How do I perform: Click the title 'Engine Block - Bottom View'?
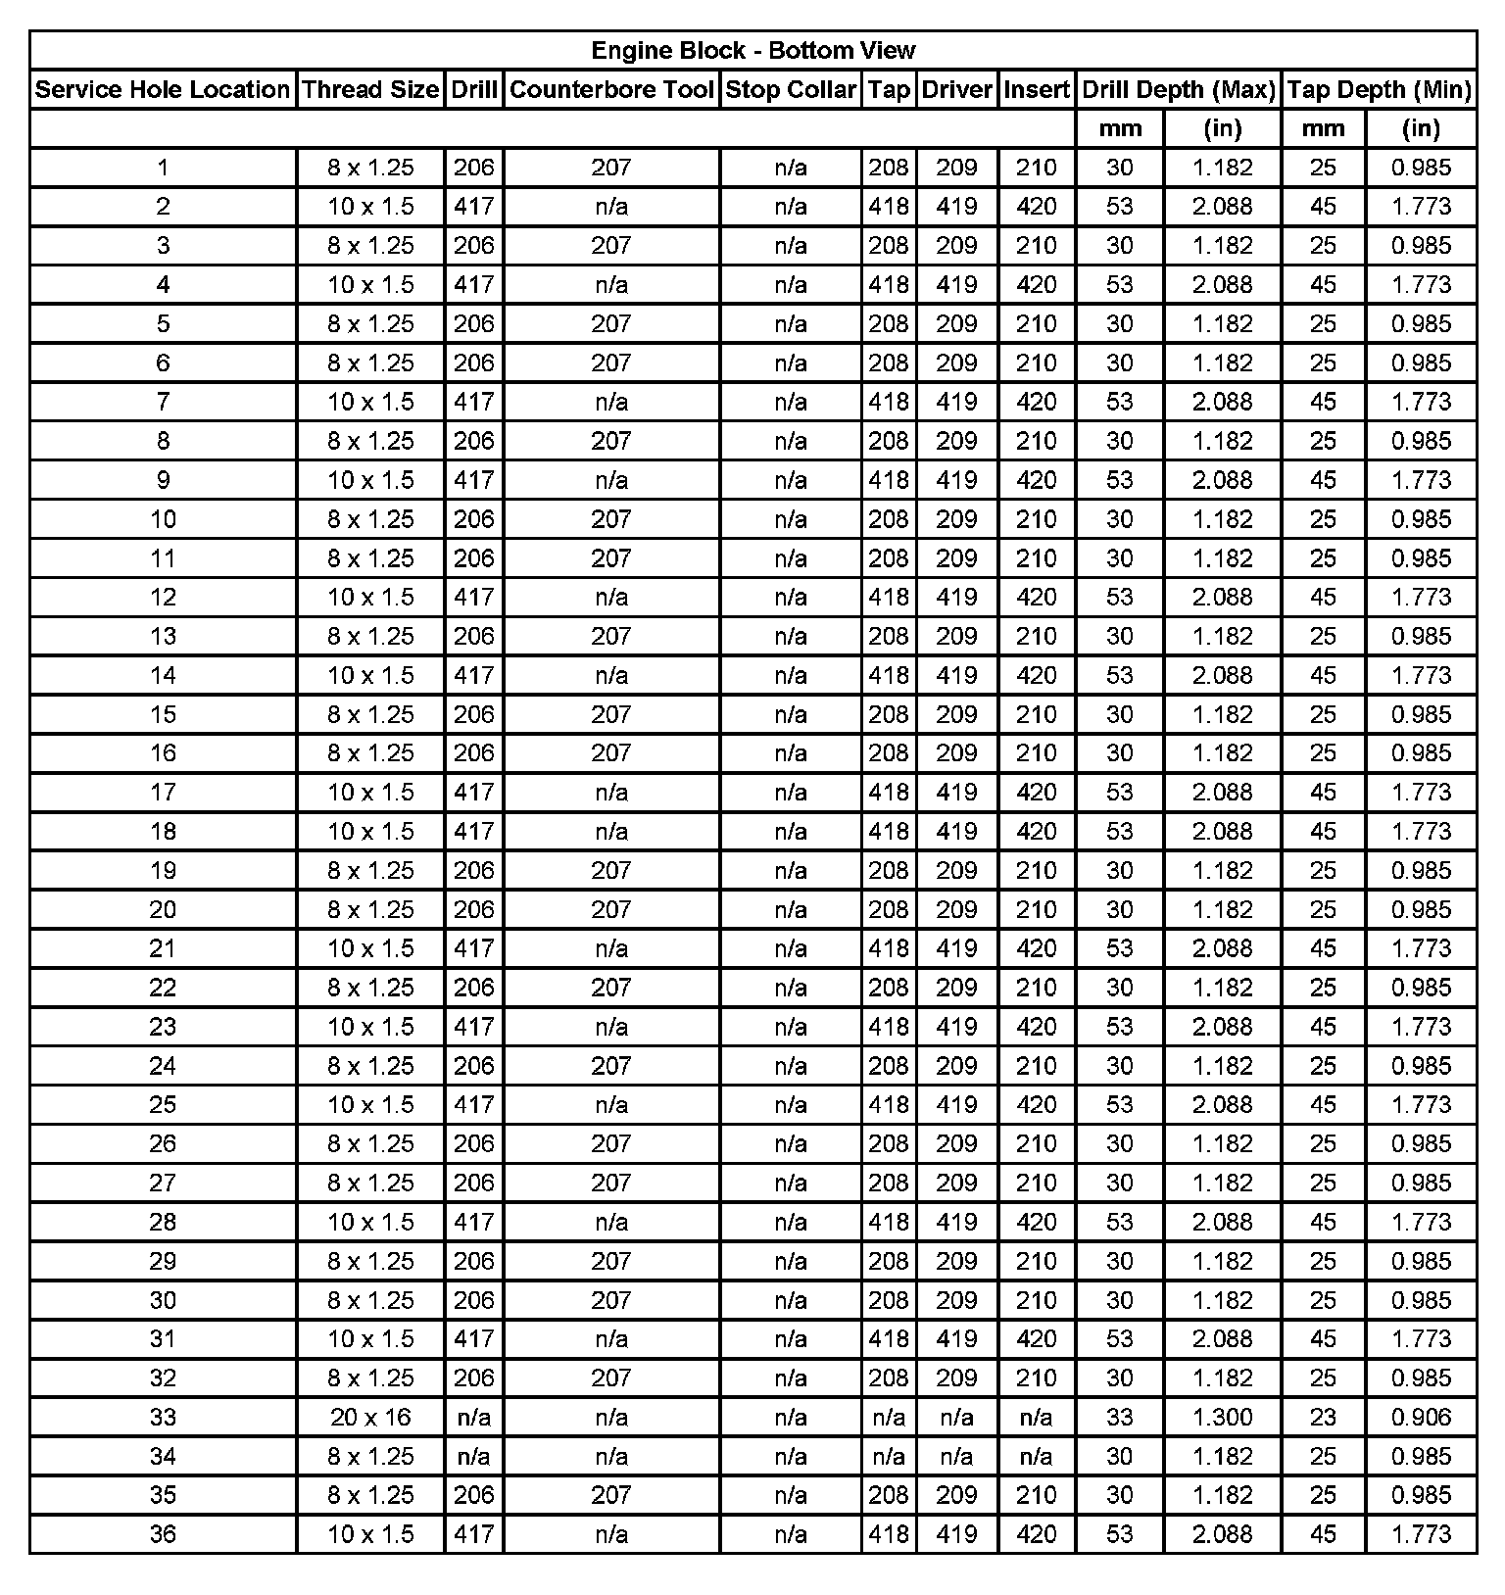752,50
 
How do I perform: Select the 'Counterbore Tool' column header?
611,89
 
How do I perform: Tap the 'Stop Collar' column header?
791,89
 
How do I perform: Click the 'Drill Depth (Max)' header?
1178,89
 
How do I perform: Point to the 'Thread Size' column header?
370,89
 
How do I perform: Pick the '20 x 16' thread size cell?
370,1417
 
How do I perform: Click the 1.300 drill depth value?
1222,1417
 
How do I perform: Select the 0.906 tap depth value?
1421,1417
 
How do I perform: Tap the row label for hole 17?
163,792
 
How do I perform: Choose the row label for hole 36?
163,1533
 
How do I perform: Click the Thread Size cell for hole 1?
370,168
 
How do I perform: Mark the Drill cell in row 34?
474,1456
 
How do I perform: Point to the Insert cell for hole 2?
1036,207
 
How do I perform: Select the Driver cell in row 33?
956,1417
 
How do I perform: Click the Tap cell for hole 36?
889,1533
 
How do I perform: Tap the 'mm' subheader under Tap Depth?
1323,128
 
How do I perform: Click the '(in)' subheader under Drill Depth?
1222,128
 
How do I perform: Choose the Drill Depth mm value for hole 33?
1119,1417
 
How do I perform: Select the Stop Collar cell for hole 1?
791,168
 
